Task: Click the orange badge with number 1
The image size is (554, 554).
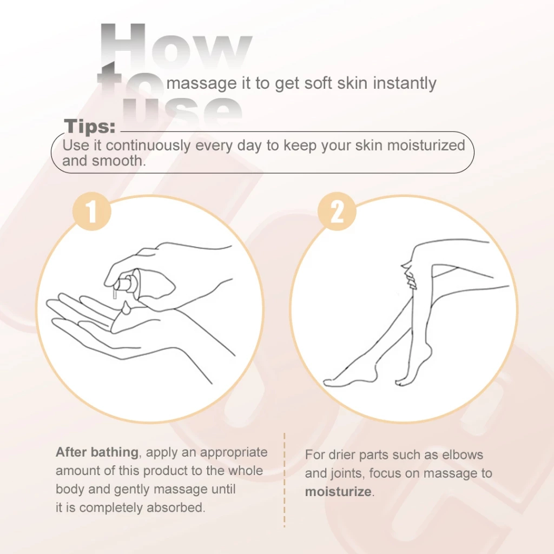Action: coord(92,212)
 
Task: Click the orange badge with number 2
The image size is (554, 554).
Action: coord(337,212)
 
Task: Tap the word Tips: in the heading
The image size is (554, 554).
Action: coord(90,126)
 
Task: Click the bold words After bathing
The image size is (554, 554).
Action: coord(97,452)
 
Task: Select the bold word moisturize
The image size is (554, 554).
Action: coord(338,491)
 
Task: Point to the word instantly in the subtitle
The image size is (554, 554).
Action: coord(405,83)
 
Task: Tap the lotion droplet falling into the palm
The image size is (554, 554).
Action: coord(126,308)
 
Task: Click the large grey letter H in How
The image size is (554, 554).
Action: coord(123,46)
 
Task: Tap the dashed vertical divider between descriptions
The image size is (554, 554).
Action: coord(285,480)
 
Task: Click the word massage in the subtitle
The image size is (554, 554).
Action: coord(201,84)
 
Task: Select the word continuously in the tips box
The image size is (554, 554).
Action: coord(148,145)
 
